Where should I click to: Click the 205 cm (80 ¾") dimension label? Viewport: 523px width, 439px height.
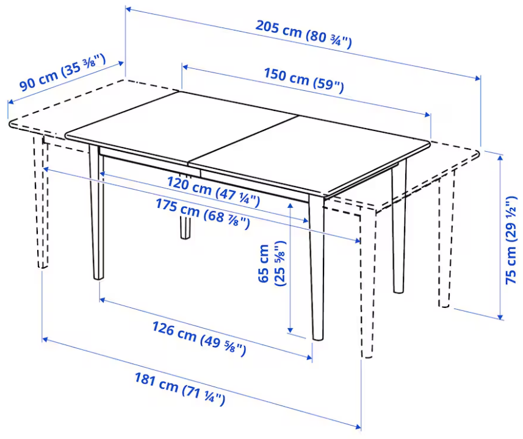[x=303, y=34]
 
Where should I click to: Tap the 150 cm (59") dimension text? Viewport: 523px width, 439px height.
[x=303, y=80]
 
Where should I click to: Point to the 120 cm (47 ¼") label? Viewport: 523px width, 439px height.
[x=213, y=191]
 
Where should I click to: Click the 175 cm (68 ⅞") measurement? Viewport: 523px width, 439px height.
[x=203, y=213]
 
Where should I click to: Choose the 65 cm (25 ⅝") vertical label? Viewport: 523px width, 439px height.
[x=272, y=263]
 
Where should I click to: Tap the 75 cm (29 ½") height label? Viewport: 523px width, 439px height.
[x=511, y=241]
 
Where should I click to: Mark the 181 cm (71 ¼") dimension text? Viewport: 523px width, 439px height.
[x=180, y=389]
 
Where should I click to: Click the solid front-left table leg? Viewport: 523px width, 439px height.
[x=96, y=212]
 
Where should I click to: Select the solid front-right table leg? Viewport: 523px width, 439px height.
[x=317, y=267]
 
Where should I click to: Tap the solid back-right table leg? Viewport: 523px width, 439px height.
[x=399, y=227]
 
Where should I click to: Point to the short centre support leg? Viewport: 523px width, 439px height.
[x=186, y=227]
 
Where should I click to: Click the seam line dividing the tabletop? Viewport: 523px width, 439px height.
[x=243, y=140]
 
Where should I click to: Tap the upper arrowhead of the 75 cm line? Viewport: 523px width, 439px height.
[x=500, y=159]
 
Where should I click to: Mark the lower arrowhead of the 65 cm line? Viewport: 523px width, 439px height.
[x=290, y=329]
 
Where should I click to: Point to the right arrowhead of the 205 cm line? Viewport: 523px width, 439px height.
[x=477, y=77]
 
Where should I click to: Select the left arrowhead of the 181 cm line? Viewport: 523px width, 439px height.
[x=46, y=340]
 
